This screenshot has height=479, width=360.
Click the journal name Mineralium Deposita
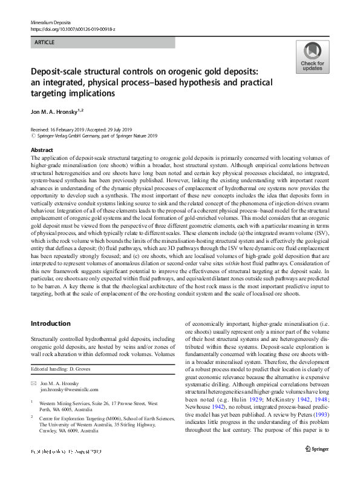tap(50, 21)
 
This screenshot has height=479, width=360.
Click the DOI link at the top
tap(73, 28)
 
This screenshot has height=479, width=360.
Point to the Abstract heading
tap(42, 150)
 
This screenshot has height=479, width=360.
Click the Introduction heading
tap(50, 323)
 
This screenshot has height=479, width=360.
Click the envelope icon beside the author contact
tap(33, 384)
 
